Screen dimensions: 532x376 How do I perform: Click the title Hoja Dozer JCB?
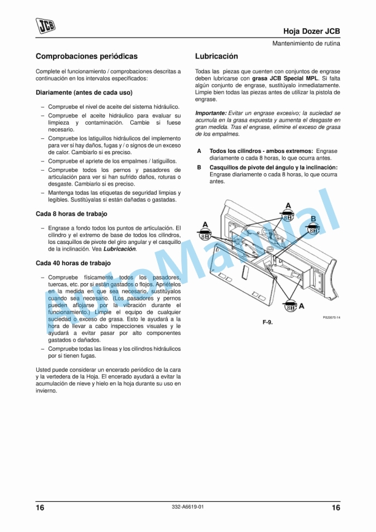(311, 31)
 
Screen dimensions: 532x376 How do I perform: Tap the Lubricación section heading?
(216, 56)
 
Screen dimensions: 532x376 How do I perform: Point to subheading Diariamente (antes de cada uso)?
(84, 93)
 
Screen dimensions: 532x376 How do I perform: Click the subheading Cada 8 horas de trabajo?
(71, 214)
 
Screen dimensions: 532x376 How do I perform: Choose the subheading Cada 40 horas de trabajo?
(73, 263)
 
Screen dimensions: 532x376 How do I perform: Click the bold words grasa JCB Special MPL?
(285, 79)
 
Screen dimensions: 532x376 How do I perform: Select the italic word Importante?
(211, 114)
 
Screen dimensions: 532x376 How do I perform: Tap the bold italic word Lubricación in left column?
(119, 249)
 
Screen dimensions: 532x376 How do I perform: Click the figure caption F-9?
(267, 322)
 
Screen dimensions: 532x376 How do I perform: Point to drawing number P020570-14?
(331, 317)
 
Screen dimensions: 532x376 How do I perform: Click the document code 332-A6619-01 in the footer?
(187, 506)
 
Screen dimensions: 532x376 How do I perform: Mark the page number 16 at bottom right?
(335, 507)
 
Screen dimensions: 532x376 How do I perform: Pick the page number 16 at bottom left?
(40, 507)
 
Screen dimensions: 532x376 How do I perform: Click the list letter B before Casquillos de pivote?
(198, 167)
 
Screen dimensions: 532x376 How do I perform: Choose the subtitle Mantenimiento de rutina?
(307, 44)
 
